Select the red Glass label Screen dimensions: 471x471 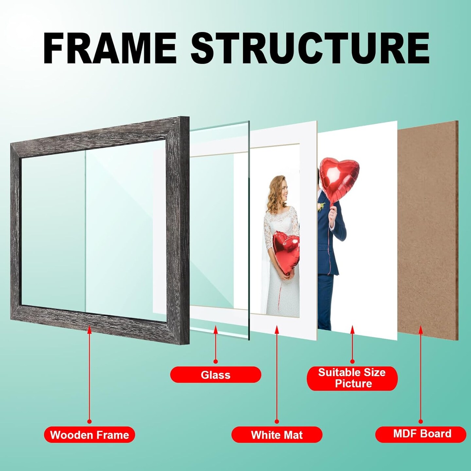[x=216, y=381]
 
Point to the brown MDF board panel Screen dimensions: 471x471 [x=428, y=230]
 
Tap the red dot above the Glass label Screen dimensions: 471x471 [x=216, y=368]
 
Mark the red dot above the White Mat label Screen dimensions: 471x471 [x=277, y=421]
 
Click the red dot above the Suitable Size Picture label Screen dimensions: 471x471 [x=352, y=368]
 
